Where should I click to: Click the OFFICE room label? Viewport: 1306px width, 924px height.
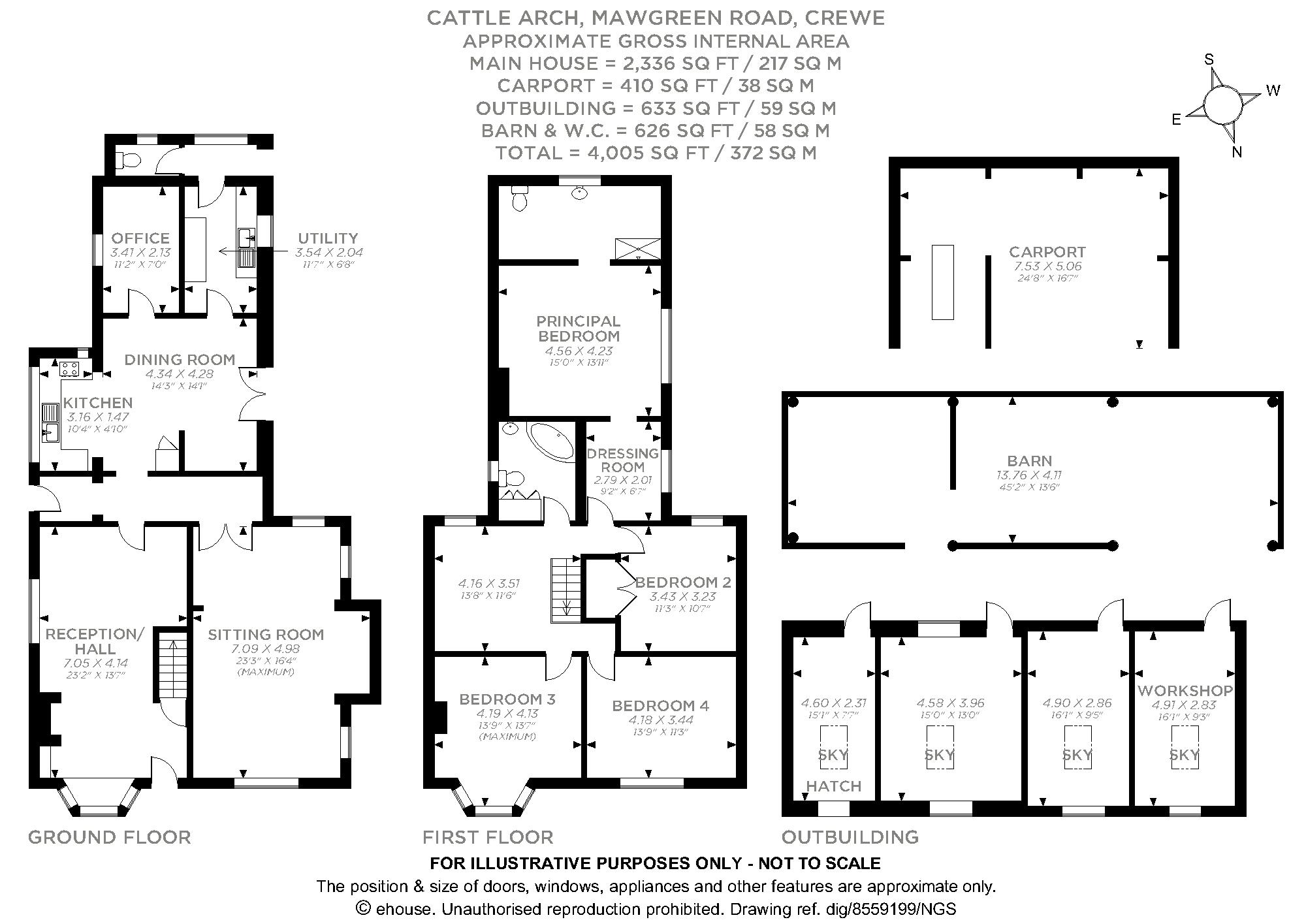[x=140, y=238]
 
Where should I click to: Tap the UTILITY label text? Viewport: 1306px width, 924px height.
[x=328, y=238]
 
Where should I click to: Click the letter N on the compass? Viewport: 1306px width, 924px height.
[x=1237, y=153]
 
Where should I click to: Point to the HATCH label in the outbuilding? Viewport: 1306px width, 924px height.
[x=834, y=786]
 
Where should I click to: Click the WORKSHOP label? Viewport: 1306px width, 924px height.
[x=1185, y=690]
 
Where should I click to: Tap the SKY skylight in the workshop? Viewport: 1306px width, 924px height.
[x=1184, y=756]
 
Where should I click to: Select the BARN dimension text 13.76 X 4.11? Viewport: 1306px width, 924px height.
[x=1029, y=475]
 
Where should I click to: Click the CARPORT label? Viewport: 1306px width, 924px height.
[x=1047, y=252]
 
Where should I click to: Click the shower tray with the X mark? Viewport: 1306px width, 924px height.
[x=638, y=249]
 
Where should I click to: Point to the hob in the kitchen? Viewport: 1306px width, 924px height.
[x=70, y=369]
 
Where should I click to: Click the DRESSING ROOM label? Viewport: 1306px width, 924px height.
[x=623, y=460]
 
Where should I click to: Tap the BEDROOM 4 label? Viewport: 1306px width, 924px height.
[x=660, y=706]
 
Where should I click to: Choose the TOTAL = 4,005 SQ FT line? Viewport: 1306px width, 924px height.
[x=656, y=153]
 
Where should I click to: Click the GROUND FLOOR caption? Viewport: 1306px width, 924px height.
[x=110, y=837]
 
